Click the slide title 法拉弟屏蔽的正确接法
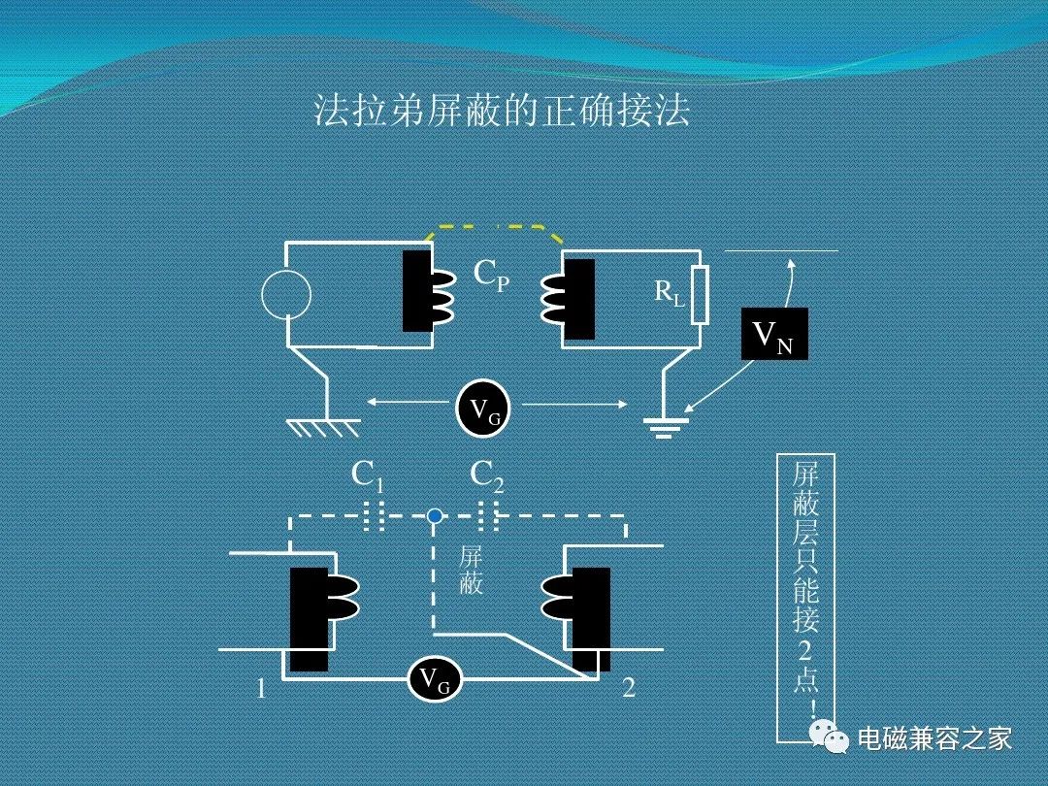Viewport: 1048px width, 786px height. point(502,111)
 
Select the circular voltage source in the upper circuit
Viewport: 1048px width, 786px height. point(286,294)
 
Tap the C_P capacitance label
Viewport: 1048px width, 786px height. point(491,275)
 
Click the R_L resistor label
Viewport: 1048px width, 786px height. point(669,293)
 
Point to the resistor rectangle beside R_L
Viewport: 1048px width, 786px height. point(700,295)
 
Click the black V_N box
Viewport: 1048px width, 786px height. point(774,334)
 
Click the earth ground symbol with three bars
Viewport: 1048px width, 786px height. point(663,428)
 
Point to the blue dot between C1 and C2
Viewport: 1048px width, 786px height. point(435,516)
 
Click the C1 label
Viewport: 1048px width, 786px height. point(367,476)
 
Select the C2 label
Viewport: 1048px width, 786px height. point(486,476)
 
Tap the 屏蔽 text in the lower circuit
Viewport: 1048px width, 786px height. point(471,572)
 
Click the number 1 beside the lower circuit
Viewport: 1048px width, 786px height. point(261,688)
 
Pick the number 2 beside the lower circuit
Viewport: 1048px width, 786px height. point(629,687)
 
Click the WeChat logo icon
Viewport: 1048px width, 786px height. point(830,737)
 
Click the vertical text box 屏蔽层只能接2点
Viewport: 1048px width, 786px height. point(806,598)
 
